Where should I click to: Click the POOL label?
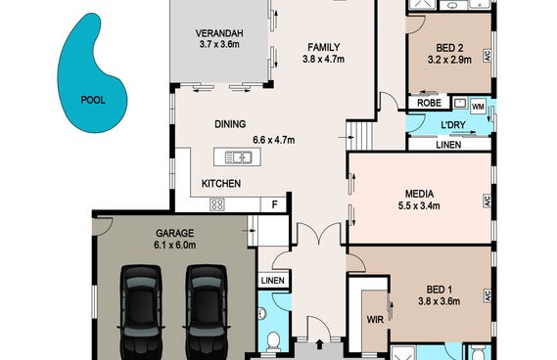click(93, 100)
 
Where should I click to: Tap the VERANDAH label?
click(219, 33)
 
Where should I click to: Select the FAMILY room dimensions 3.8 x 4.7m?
click(323, 59)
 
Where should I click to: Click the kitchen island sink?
click(238, 157)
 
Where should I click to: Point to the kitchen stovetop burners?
click(217, 204)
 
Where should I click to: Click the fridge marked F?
click(274, 204)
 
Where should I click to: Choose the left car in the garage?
click(141, 312)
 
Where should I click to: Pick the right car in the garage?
click(207, 312)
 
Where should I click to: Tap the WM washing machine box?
click(478, 107)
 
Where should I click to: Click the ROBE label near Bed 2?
click(429, 103)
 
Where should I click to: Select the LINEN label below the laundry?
click(448, 145)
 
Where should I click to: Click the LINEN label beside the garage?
click(273, 281)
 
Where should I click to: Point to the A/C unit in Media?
click(487, 201)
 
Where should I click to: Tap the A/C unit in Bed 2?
click(487, 56)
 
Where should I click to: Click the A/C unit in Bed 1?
click(487, 296)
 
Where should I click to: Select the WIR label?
click(375, 320)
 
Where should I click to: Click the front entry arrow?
click(320, 343)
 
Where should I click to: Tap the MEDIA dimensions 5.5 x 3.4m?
click(419, 205)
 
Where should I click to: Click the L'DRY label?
click(453, 125)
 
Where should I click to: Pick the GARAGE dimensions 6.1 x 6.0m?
click(175, 245)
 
